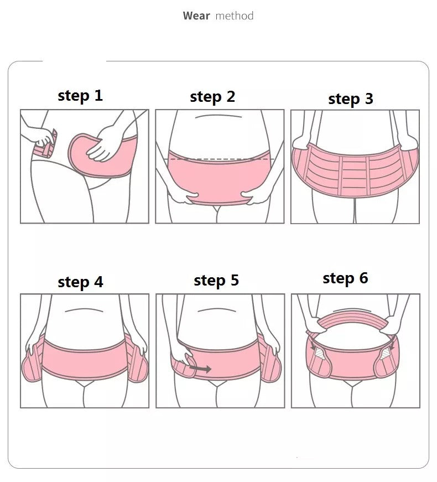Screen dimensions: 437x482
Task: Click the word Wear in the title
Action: tap(196, 15)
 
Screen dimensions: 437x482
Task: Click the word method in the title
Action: tap(235, 15)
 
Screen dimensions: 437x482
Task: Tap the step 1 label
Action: tap(80, 96)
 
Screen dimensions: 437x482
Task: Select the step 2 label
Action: tap(212, 97)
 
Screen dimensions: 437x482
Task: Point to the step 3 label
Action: tap(351, 99)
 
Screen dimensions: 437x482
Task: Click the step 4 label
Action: tap(81, 282)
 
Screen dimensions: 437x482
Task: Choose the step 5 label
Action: tap(216, 281)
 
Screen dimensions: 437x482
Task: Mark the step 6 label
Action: tap(345, 278)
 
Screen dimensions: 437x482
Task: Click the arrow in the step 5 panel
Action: tap(200, 368)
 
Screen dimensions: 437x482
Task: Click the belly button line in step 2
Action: tap(218, 116)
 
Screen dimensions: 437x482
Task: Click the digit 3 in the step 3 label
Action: tap(368, 99)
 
